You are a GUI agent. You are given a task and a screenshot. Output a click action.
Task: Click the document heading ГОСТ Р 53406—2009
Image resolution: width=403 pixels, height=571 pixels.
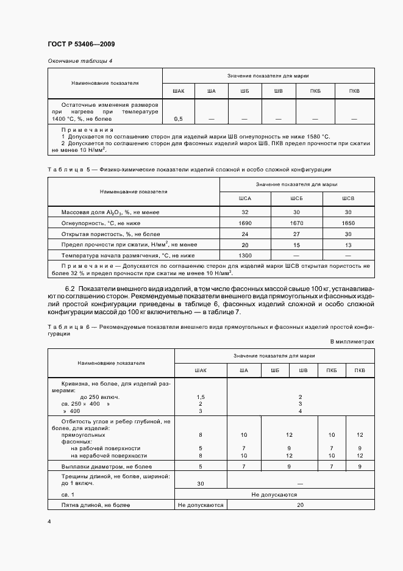pos(80,44)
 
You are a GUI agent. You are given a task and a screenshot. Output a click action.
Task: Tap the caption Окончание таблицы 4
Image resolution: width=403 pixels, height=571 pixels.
pos(79,61)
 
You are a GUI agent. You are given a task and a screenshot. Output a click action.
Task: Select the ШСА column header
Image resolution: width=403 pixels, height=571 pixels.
pos(245,199)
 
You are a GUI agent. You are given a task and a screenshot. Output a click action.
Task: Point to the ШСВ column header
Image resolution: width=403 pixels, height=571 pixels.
pos(348,199)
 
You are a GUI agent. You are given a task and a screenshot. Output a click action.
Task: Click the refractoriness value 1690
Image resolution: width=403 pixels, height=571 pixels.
pos(245,223)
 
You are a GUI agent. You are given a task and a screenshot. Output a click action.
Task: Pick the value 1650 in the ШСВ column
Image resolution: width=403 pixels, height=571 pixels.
pos(348,223)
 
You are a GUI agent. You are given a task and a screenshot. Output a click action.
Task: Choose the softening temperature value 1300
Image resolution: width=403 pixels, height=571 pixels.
pos(245,255)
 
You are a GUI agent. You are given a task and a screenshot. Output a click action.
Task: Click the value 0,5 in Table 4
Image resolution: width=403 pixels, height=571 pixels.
pos(179,118)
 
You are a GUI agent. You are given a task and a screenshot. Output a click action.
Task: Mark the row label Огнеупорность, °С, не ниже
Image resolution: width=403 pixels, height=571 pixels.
pos(101,223)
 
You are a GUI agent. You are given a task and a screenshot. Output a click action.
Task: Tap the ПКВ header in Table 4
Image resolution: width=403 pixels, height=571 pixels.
pos(354,92)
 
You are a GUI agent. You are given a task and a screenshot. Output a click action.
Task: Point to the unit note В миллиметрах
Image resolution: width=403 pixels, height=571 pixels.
pos(352,342)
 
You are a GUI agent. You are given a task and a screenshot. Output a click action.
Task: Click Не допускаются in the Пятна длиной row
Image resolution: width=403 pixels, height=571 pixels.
pos(201,505)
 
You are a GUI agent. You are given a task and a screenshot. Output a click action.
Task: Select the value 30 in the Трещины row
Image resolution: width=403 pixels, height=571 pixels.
pos(201,483)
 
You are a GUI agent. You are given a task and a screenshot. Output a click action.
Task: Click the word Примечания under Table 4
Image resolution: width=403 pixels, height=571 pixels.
pos(87,130)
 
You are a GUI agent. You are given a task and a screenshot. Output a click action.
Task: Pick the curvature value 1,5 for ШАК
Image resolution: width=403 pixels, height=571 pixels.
pos(201,397)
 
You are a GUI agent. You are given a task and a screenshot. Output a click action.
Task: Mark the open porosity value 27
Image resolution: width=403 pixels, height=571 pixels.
pos(296,234)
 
